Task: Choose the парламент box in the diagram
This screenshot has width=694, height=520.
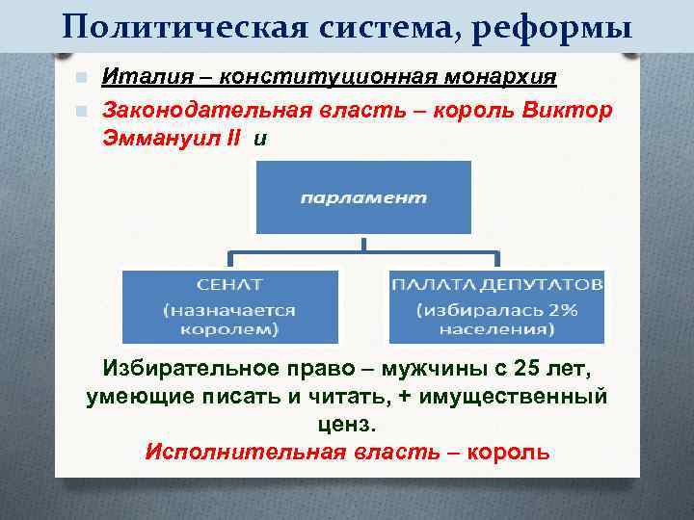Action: coord(362,197)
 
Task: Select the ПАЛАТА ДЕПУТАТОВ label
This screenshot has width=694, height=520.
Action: coord(497,285)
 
